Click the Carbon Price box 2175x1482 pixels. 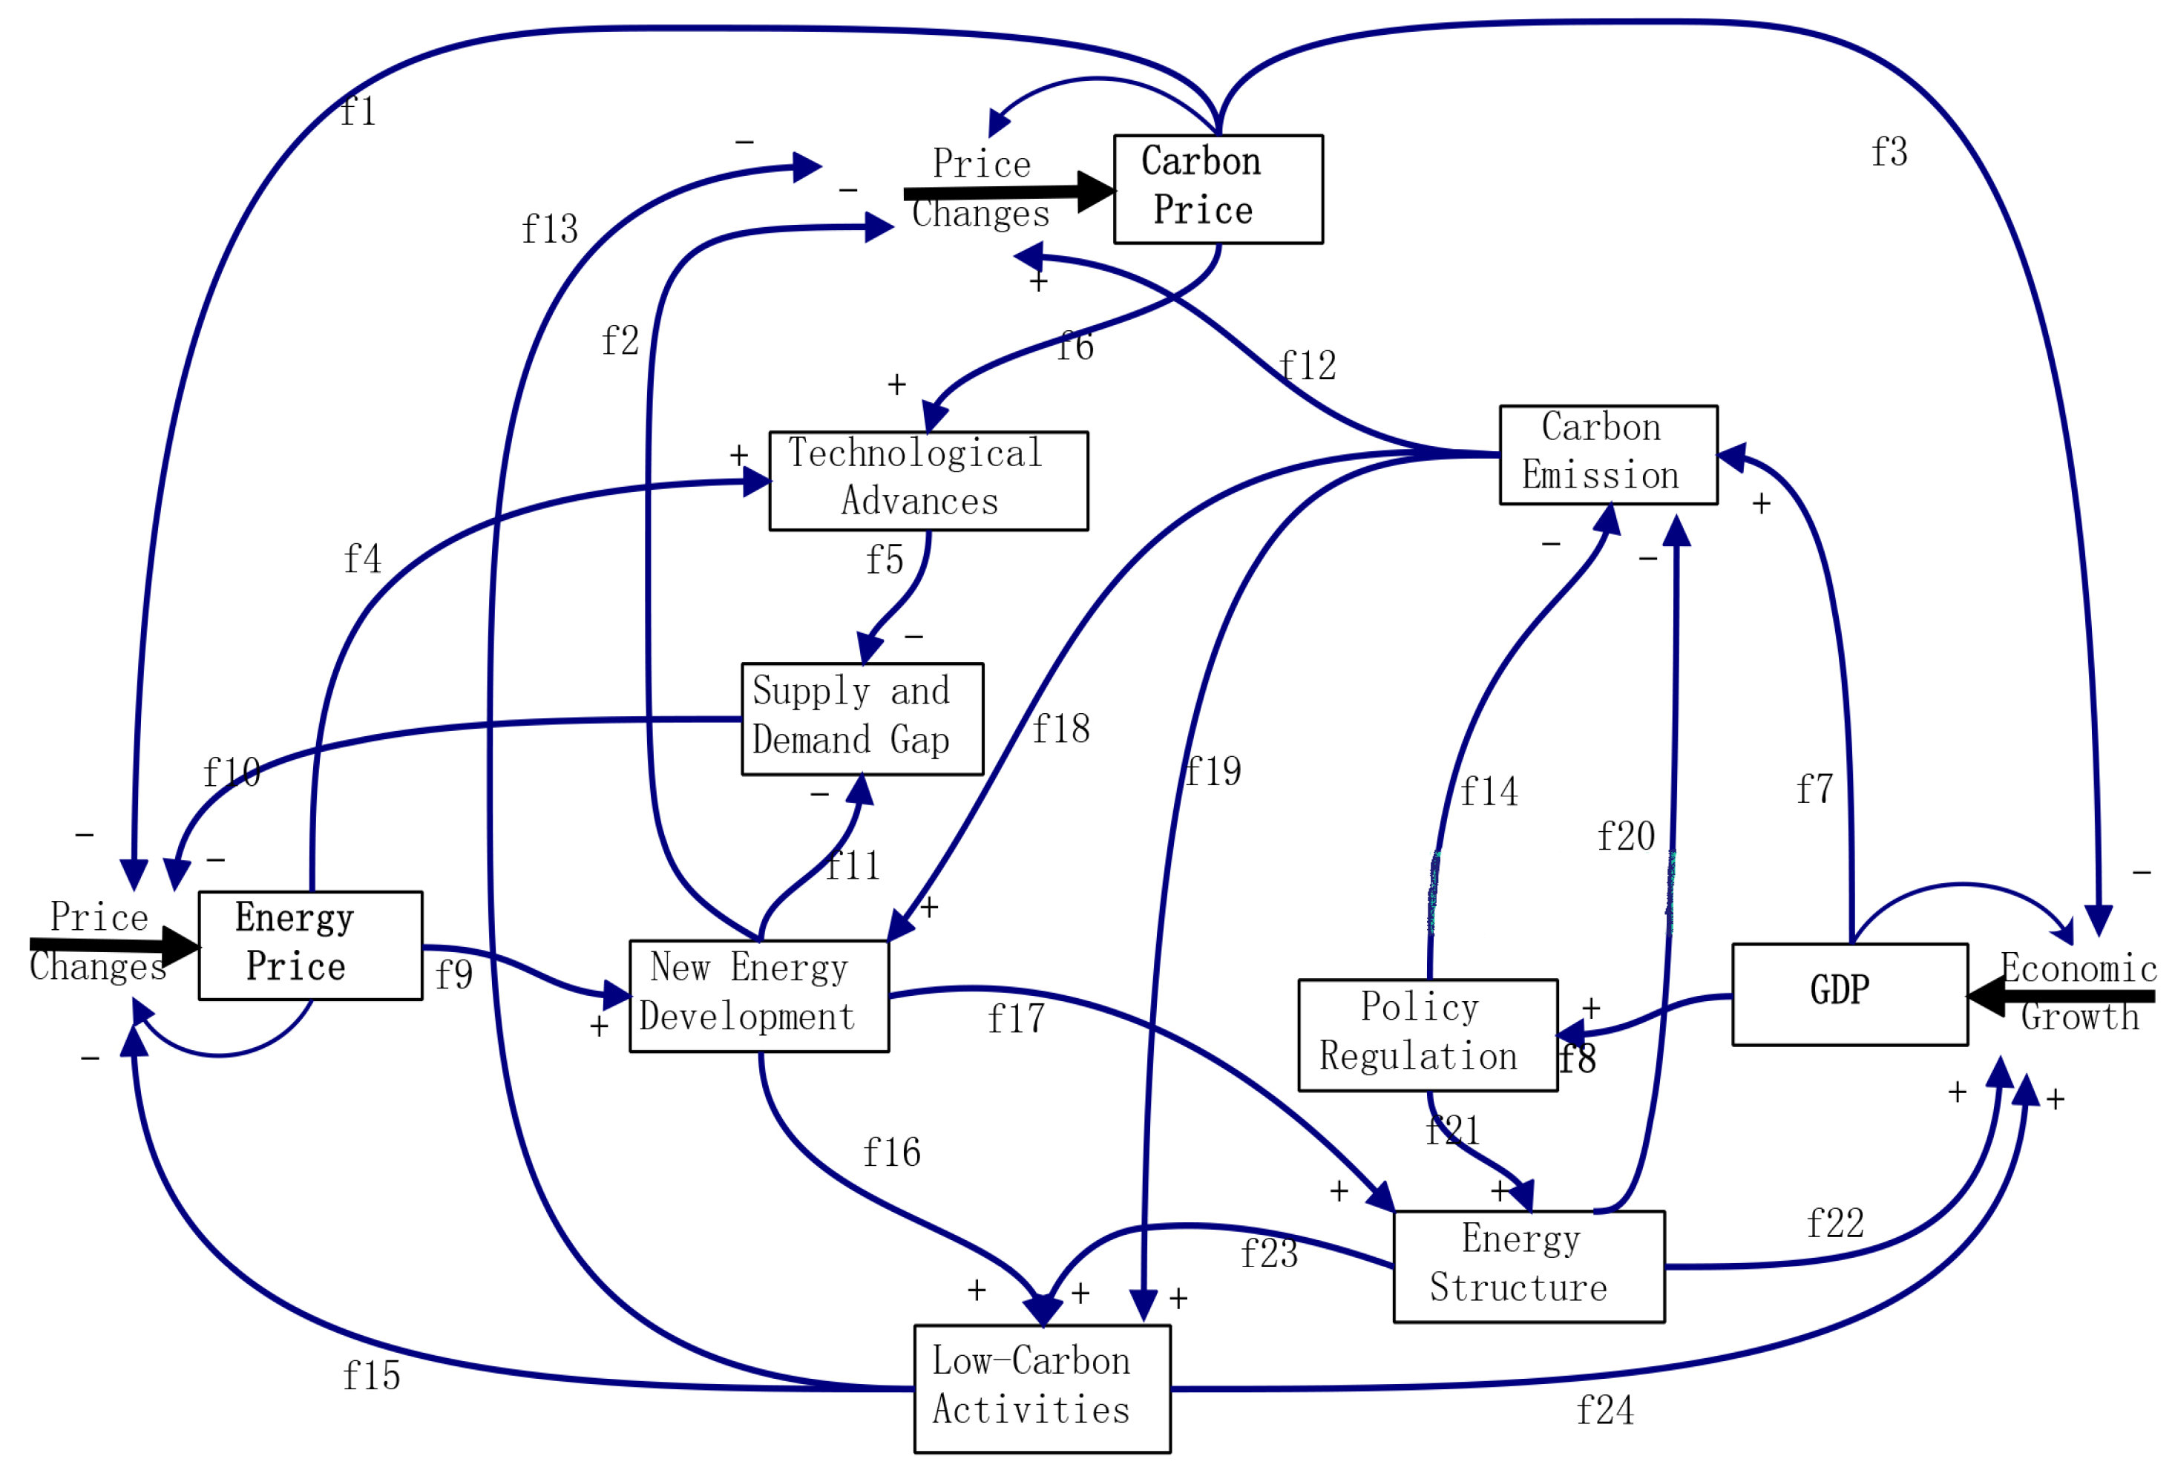coord(1218,189)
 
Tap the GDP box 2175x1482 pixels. coord(1849,994)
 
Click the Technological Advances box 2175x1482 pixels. coord(928,481)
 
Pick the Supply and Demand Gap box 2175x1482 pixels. coord(862,719)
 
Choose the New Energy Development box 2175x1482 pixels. coord(759,996)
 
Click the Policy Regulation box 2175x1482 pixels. coord(1427,1035)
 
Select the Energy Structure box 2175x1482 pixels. coord(1529,1267)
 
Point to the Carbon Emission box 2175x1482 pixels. coord(1608,455)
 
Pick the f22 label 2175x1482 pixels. coord(1834,1224)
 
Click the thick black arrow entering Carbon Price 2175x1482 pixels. coord(1006,193)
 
